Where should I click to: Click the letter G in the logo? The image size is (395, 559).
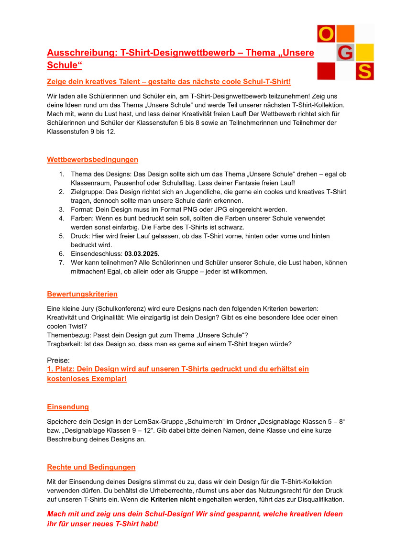coord(345,53)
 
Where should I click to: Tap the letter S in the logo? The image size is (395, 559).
coord(365,71)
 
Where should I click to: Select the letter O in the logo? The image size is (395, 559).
coord(326,34)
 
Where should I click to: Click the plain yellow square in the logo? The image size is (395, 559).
coord(365,52)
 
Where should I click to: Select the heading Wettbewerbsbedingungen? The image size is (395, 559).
coord(92,160)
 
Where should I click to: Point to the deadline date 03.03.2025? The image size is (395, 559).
coord(142,254)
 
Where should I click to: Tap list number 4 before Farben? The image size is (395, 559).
coord(62,219)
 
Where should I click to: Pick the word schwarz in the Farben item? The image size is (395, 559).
coord(232,227)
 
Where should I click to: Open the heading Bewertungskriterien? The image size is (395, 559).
coord(82,294)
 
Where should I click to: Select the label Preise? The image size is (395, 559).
coord(58,360)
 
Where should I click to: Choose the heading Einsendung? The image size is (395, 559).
coord(68,407)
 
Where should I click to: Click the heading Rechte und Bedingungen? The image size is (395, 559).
coord(91,467)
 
